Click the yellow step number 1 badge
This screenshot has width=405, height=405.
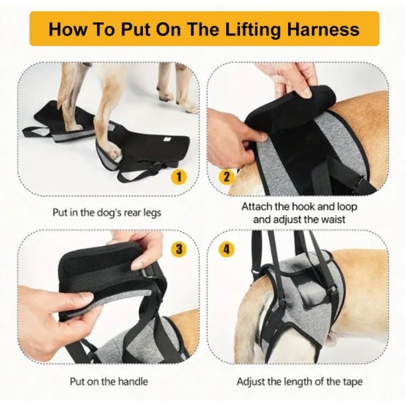click(x=179, y=177)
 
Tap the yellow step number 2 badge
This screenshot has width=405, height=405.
click(x=227, y=177)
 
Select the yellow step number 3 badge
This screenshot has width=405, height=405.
click(x=179, y=249)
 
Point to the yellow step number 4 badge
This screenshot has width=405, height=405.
click(x=227, y=249)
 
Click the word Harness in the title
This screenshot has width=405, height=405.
click(x=323, y=29)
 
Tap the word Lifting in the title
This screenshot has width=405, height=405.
click(x=253, y=29)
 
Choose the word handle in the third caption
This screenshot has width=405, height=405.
click(x=133, y=381)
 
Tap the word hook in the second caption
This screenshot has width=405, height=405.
click(x=303, y=206)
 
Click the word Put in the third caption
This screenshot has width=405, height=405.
click(x=78, y=381)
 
